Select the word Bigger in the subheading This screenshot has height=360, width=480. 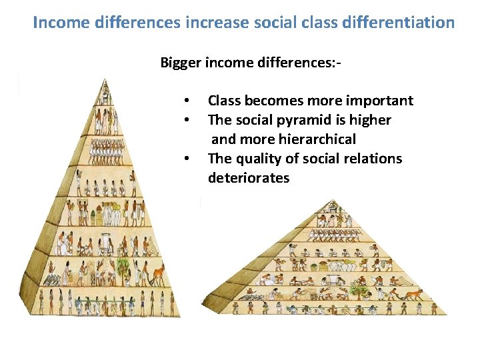(180, 63)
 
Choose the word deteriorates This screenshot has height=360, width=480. (249, 178)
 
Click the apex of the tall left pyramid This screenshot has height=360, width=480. (105, 81)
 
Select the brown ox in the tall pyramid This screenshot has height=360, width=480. (155, 274)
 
